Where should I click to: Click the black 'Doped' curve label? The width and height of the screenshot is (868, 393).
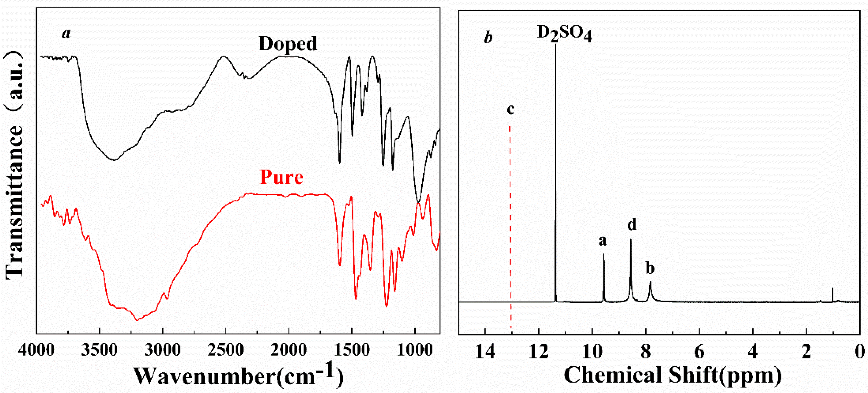(288, 44)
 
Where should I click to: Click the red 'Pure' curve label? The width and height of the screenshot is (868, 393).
(281, 177)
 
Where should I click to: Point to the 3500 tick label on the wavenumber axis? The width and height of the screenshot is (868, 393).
(99, 351)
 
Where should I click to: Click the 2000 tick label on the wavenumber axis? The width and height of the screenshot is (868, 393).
(289, 351)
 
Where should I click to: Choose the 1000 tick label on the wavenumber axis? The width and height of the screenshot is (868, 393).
(415, 351)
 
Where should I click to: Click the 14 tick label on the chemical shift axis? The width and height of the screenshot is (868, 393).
(485, 352)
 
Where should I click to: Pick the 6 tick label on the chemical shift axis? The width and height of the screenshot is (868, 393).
(699, 352)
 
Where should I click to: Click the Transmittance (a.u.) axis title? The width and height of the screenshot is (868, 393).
(14, 165)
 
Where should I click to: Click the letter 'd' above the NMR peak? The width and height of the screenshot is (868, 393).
(632, 224)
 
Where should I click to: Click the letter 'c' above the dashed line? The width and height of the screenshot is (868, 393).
(511, 109)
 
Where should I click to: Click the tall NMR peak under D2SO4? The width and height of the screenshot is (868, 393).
(556, 169)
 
